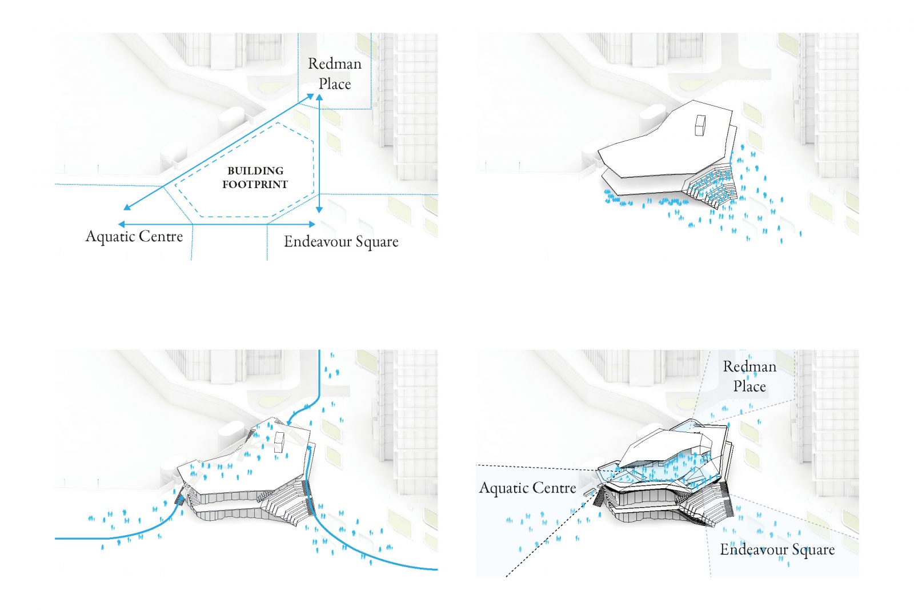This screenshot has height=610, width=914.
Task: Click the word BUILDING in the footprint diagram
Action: click(255, 170)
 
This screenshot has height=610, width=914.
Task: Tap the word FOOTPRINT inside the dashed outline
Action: click(255, 184)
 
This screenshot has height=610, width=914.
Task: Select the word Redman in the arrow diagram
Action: click(335, 63)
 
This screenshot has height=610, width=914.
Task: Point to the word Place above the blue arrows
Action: click(335, 83)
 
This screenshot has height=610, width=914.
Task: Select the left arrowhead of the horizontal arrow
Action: click(121, 225)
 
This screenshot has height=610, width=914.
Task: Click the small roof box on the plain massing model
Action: click(700, 125)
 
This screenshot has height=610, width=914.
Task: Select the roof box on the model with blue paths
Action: click(279, 442)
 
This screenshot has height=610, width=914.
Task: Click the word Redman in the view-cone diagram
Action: click(749, 366)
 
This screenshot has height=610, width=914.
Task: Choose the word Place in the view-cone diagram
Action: click(749, 386)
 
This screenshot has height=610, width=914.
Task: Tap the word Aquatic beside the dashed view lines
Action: click(503, 488)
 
